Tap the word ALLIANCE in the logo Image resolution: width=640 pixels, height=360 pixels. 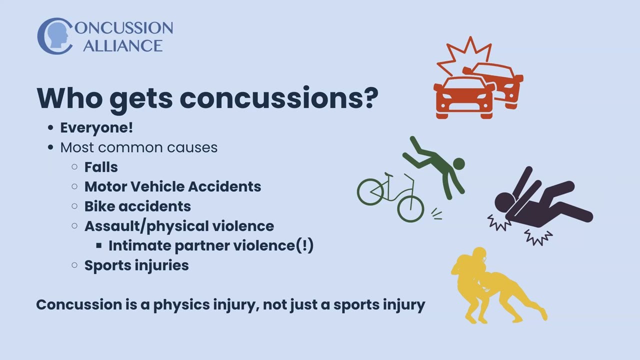pos(122,45)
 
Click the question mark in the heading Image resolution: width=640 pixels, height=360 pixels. pos(369,97)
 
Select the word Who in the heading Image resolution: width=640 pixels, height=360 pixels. pos(68,97)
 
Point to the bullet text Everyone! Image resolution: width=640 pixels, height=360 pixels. pos(96,127)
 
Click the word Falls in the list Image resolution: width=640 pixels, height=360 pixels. pos(101,167)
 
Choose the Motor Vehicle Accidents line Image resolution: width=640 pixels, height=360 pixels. pos(172,186)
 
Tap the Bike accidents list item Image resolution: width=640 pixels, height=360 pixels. pos(137,206)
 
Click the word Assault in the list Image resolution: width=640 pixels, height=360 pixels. pos(111,226)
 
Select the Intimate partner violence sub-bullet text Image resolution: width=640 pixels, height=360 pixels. pos(210,245)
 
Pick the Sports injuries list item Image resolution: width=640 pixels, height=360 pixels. pos(136,265)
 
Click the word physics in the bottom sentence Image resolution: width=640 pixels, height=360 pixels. pos(182,304)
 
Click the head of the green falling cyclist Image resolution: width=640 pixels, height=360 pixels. pos(458,163)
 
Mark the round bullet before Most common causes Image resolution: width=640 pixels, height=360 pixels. pos(50,147)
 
